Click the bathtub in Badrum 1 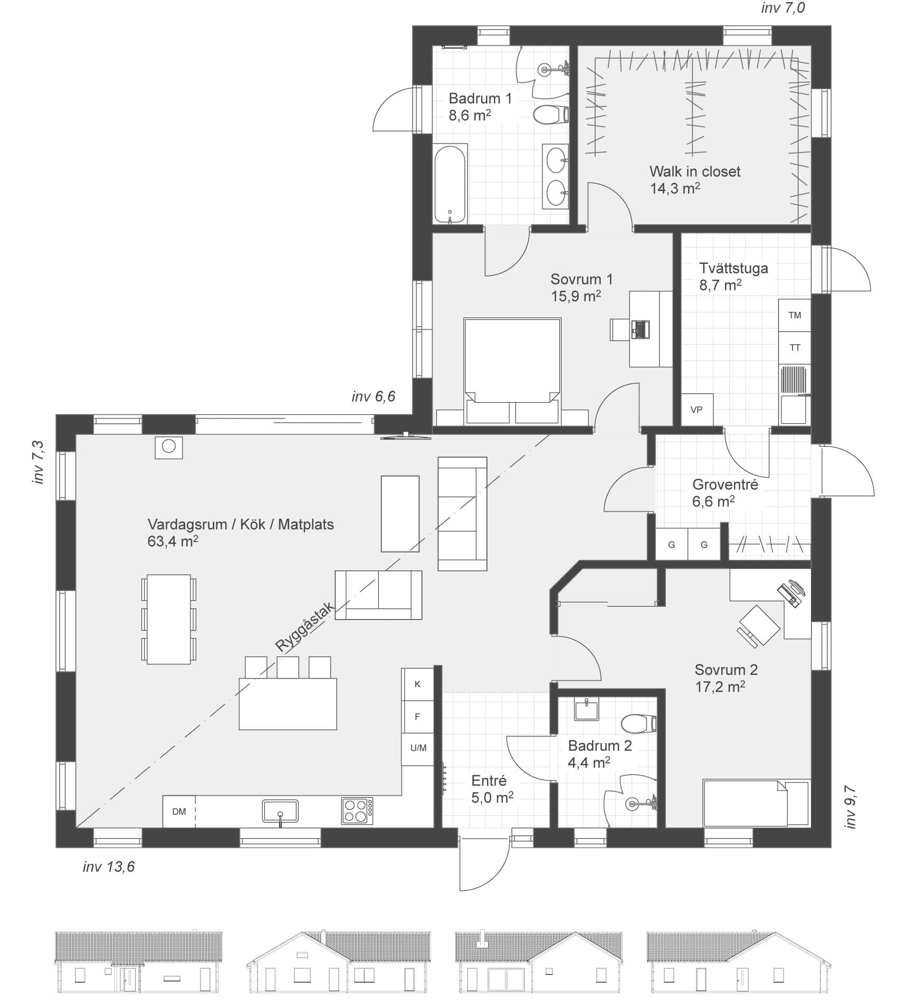[x=450, y=183]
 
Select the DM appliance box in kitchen [x=179, y=811]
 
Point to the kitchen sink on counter [x=280, y=811]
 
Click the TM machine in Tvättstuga [x=794, y=315]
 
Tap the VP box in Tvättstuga [x=696, y=409]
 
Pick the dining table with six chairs [x=168, y=619]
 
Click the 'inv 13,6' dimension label [x=109, y=867]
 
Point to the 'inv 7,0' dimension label [x=783, y=8]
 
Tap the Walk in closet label [x=694, y=171]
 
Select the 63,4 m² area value [x=173, y=541]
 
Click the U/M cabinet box [x=418, y=748]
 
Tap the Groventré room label [x=724, y=484]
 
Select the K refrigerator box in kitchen [x=417, y=684]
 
